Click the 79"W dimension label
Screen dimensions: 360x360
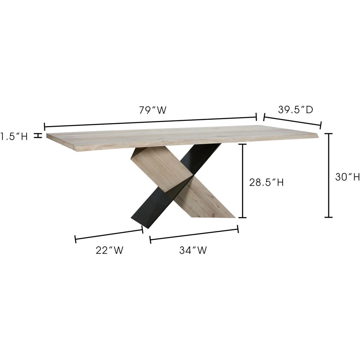tap(153, 110)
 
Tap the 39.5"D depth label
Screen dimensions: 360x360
tap(296, 110)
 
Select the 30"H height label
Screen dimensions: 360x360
tap(347, 177)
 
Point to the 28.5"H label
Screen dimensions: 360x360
tap(266, 183)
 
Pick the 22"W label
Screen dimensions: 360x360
tap(109, 251)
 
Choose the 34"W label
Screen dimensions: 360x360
tap(193, 251)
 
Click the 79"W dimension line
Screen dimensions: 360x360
tap(150, 121)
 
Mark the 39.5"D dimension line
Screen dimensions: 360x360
tap(292, 121)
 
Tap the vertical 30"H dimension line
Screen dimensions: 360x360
tap(329, 175)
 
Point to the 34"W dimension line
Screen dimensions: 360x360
tap(194, 234)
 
